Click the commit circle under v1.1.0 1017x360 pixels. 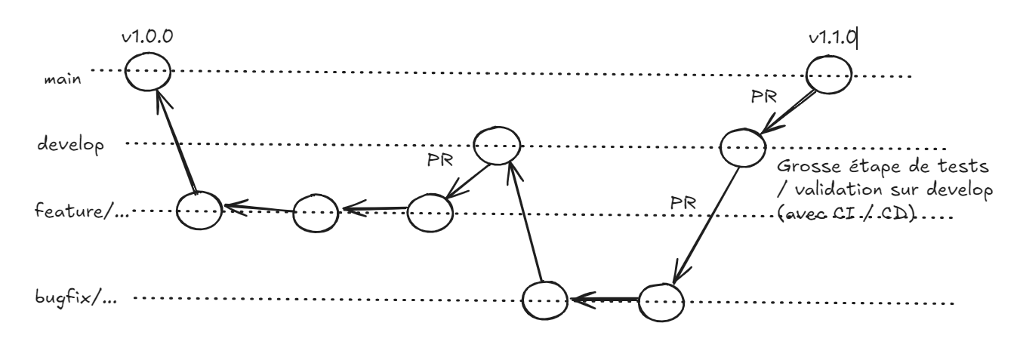[x=829, y=74]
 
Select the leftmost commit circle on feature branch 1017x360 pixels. [x=198, y=208]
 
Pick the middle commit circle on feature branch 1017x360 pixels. [x=316, y=211]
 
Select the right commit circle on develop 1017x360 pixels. [x=741, y=146]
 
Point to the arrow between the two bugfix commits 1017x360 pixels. [x=604, y=299]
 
